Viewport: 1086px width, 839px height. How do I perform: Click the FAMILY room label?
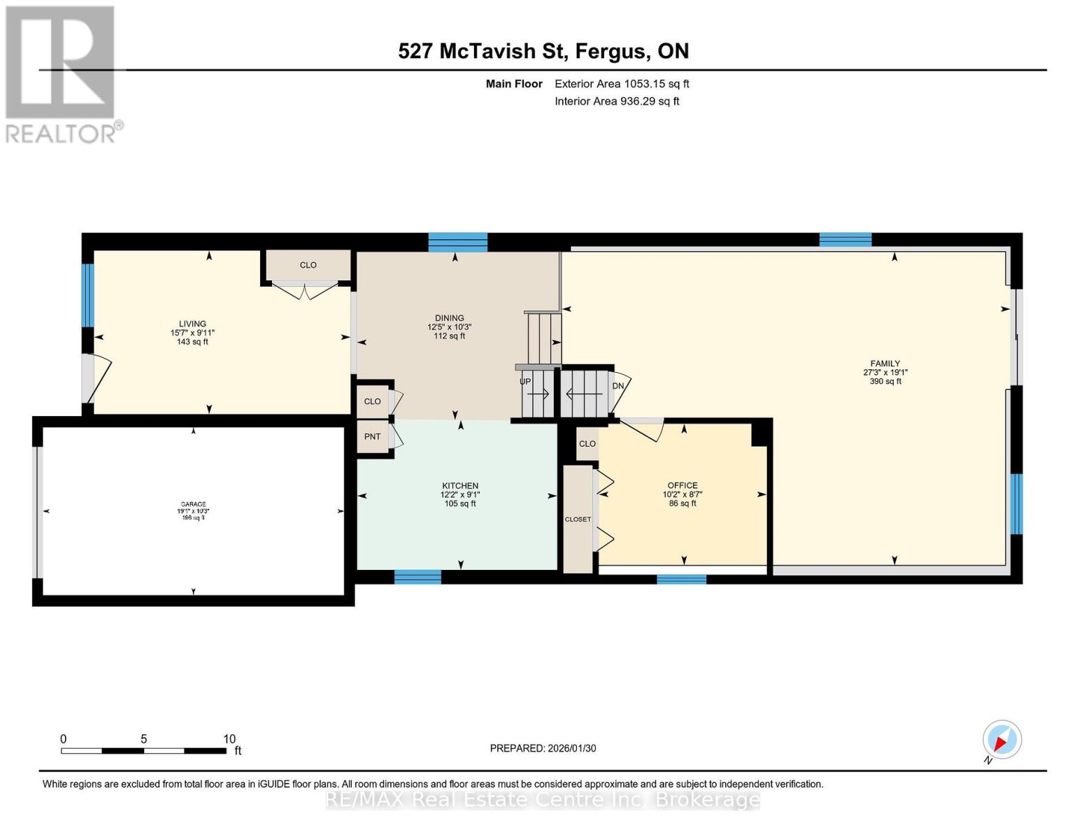(x=885, y=364)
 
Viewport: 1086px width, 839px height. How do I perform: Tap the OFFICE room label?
(x=683, y=485)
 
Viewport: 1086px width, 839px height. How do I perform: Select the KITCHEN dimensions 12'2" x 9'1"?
(x=460, y=495)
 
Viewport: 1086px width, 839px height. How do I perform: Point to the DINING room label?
(x=449, y=318)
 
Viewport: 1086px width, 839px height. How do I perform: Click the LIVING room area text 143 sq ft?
(x=192, y=342)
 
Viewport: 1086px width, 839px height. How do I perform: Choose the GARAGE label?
(x=193, y=504)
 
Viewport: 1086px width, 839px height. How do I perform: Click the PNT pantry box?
(x=373, y=437)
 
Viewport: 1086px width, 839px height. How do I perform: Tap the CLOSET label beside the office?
(x=578, y=519)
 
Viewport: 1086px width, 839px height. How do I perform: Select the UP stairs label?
(x=525, y=382)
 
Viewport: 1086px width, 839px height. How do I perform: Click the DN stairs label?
(x=618, y=386)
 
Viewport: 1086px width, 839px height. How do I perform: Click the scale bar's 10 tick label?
(x=229, y=739)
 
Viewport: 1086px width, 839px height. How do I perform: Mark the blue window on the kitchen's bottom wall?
(x=417, y=577)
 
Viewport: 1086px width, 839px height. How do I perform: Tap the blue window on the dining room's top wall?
(x=457, y=242)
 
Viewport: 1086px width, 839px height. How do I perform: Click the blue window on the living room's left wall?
(x=87, y=295)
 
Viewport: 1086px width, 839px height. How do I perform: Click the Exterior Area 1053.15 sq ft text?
(x=622, y=84)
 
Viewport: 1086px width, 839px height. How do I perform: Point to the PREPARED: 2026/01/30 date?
(x=543, y=748)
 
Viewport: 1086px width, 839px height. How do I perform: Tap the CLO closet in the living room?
(x=308, y=265)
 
